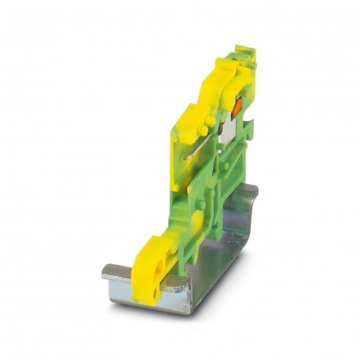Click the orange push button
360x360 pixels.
tap(233, 102)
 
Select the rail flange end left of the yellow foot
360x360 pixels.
tap(118, 274)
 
